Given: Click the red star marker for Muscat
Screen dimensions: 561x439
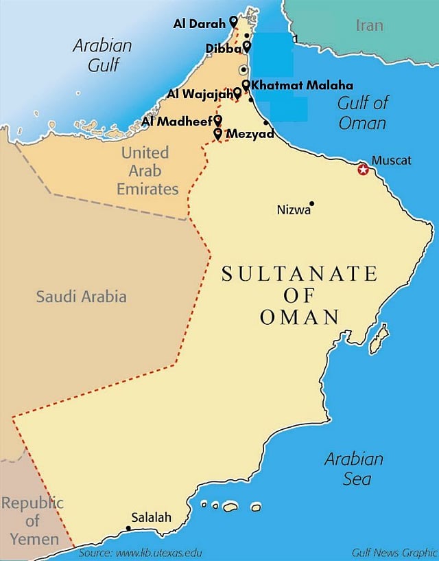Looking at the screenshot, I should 363,169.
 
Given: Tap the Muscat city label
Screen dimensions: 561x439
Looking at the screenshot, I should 391,161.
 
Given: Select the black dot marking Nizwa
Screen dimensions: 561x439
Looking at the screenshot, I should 311,203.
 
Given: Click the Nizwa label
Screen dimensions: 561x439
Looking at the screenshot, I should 293,209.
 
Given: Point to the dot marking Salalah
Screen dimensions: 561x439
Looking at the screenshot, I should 128,528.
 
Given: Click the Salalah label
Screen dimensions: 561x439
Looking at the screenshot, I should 151,518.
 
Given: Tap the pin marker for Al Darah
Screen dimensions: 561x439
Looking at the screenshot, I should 233,22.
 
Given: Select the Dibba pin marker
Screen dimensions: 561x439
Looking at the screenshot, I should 247,47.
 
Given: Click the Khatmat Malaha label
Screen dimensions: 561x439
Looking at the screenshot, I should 302,85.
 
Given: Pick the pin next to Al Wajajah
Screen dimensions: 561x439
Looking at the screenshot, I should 237,92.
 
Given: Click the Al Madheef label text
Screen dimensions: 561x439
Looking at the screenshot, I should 177,122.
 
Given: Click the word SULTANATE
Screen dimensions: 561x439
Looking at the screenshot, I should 299,274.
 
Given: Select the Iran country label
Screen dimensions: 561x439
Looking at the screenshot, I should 370,26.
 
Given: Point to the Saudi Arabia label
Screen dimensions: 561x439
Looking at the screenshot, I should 81,297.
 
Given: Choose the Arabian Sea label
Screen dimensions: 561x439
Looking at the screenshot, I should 353,468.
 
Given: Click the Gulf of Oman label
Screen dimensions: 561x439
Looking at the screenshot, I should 362,113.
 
